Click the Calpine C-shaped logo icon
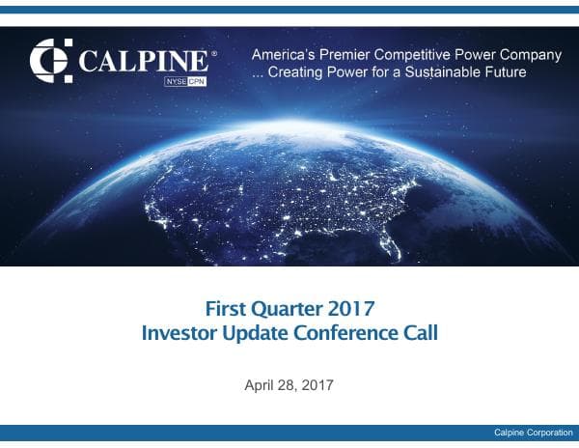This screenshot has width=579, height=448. pyautogui.click(x=51, y=60)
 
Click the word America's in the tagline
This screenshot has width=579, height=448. pyautogui.click(x=284, y=55)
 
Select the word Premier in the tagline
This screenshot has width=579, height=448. pyautogui.click(x=347, y=55)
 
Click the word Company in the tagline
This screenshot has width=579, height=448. pyautogui.click(x=530, y=55)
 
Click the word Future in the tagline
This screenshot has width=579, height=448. pyautogui.click(x=504, y=73)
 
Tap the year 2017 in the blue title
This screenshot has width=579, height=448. pyautogui.click(x=351, y=310)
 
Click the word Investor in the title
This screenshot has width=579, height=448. pyautogui.click(x=178, y=334)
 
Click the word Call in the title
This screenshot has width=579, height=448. pyautogui.click(x=420, y=334)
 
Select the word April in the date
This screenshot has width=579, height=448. pyautogui.click(x=262, y=386)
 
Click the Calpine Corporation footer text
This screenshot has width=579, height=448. pyautogui.click(x=533, y=433)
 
